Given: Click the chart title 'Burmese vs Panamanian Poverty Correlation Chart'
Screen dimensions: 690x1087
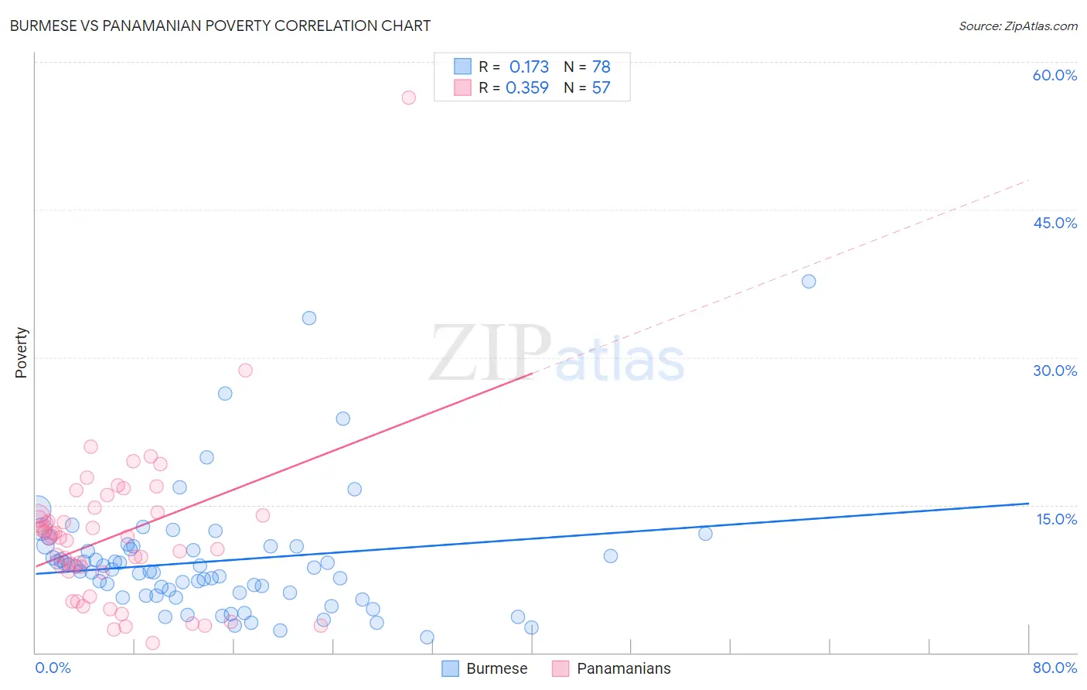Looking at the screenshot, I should (220, 26).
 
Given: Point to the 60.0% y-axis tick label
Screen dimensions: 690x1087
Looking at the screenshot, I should (1055, 75).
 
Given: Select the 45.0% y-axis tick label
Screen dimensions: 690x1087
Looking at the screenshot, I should (1055, 223).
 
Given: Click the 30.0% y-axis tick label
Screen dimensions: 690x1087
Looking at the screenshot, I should (1055, 371).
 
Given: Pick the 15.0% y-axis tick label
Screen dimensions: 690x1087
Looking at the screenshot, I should (1056, 519).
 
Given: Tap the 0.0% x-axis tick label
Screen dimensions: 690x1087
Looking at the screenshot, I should (53, 668).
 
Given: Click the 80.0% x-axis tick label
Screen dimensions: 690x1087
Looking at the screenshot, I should (1055, 668).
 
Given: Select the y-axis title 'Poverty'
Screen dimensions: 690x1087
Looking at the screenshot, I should (22, 353).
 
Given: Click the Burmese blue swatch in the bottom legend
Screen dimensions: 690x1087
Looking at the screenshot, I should (451, 668).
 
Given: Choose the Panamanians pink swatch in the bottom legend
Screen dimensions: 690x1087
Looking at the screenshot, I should (561, 668).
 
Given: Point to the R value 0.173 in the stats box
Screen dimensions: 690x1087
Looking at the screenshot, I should (529, 67).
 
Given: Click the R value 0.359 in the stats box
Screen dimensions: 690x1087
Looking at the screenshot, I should (527, 88).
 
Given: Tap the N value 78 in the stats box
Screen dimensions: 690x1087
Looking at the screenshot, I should (601, 67).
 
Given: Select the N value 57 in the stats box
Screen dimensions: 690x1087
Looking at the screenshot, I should (601, 88).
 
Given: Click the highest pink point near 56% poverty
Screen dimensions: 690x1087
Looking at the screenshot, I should (409, 97).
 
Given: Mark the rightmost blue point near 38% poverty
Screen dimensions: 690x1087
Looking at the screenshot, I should (809, 282).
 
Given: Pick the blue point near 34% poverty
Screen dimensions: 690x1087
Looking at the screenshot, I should (309, 318).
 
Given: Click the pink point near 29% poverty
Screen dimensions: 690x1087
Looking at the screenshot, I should (245, 371).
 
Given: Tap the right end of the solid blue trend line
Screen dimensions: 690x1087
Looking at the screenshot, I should (1028, 504).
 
